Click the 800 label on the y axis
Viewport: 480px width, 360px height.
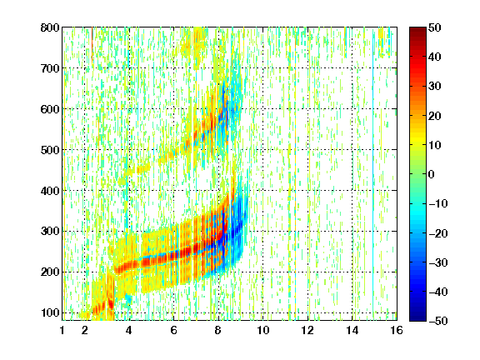coord(50,27)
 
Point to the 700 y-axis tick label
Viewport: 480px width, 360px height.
coord(50,68)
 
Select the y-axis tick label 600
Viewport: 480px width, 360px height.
coord(50,109)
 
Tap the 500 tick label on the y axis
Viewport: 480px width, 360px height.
coord(50,150)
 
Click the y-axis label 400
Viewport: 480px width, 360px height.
coord(50,191)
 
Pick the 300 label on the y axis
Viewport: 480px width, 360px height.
coord(50,232)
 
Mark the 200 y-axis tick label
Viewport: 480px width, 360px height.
coord(50,272)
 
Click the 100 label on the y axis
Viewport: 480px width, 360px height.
coord(50,313)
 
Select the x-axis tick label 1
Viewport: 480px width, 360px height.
coord(62,330)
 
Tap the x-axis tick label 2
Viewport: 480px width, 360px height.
coord(85,330)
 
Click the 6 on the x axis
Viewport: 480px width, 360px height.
coord(173,330)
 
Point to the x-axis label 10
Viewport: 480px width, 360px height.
coord(262,330)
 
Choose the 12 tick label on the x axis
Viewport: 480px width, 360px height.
coord(307,330)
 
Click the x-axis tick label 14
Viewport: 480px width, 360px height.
coord(352,330)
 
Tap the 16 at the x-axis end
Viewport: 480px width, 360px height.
coord(397,330)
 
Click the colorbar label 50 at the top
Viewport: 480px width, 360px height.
coord(434,27)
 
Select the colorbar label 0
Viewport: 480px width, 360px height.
coord(432,174)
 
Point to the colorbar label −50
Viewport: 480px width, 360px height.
coord(438,321)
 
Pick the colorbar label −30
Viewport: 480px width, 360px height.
coord(438,262)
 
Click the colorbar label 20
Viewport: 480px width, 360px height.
coord(434,116)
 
